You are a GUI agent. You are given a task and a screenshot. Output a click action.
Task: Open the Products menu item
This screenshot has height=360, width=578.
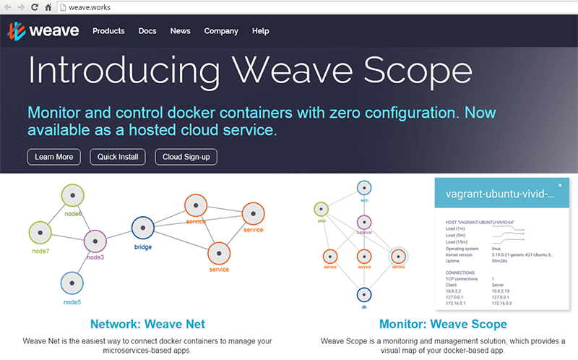click(108, 31)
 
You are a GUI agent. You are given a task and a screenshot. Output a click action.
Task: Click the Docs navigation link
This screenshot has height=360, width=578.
click(147, 31)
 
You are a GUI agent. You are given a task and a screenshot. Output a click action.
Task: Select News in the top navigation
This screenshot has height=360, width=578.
click(181, 31)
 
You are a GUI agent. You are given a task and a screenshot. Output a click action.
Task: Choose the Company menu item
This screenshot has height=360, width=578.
click(221, 31)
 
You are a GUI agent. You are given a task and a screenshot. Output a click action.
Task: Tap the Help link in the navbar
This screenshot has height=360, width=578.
click(261, 31)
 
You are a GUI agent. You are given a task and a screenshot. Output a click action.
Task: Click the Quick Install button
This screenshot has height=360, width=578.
click(118, 157)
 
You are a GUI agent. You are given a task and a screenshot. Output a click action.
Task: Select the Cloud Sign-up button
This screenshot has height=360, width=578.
click(186, 157)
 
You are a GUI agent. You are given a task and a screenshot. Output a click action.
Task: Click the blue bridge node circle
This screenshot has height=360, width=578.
click(143, 228)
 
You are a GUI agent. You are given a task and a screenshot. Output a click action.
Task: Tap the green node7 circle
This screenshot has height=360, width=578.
click(40, 233)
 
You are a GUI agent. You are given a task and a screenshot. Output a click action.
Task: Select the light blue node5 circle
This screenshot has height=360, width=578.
click(71, 283)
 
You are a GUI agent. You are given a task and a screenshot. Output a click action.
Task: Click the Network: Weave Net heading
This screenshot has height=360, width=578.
click(147, 325)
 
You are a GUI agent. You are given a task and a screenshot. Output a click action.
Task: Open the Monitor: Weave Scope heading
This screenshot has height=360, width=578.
click(443, 325)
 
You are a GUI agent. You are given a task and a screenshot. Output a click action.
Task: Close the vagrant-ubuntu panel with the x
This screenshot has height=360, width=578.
click(560, 186)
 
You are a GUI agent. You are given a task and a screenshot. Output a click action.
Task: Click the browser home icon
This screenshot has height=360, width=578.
click(48, 7)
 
